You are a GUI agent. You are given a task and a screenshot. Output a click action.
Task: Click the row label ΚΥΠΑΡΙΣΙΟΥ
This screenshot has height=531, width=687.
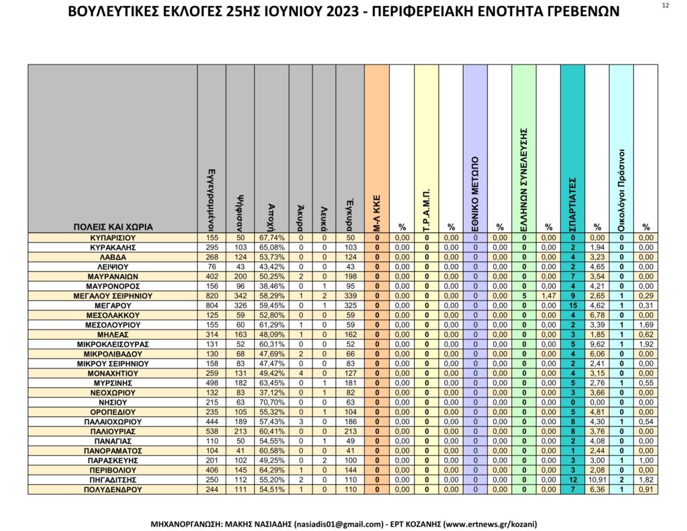coord(113,238)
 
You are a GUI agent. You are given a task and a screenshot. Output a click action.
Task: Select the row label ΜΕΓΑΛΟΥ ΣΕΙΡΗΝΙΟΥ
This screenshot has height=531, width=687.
coord(113,295)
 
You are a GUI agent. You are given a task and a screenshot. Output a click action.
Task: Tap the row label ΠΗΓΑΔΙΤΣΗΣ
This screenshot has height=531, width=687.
coord(113,480)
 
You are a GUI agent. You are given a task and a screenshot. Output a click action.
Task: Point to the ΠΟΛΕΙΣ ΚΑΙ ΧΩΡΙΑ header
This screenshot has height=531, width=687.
coord(113,227)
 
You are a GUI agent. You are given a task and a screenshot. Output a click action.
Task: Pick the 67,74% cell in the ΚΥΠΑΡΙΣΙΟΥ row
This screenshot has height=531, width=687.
coord(272,238)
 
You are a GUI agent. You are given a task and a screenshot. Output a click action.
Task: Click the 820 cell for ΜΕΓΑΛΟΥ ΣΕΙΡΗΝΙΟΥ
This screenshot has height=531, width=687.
coord(212,295)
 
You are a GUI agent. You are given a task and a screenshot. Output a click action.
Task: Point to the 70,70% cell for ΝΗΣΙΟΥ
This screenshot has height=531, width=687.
coord(272,402)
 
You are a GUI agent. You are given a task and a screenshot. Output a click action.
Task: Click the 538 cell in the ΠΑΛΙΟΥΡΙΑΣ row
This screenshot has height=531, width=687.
coord(212,432)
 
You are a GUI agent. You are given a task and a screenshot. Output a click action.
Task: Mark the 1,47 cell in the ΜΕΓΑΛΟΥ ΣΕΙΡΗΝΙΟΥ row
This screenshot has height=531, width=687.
coord(548,295)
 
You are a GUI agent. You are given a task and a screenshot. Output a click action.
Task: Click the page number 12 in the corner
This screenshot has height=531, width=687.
coord(665,5)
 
